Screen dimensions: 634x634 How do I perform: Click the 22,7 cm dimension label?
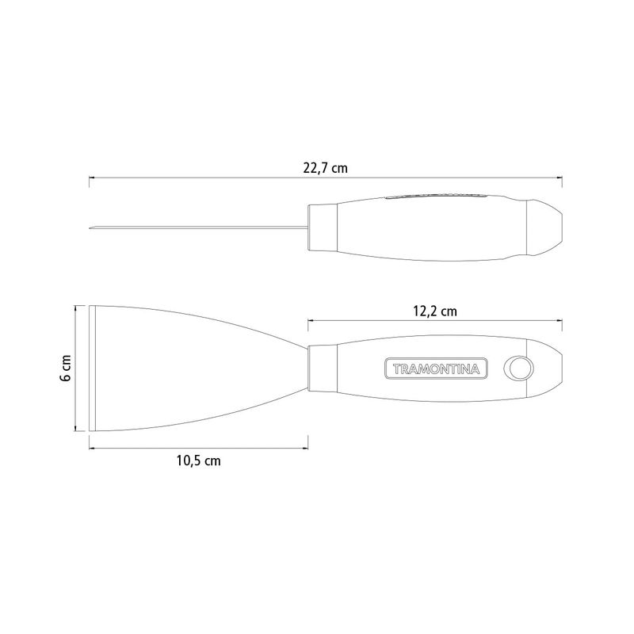point(325,168)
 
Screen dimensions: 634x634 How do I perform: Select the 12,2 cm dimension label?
point(435,311)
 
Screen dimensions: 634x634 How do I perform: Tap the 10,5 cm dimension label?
point(199,460)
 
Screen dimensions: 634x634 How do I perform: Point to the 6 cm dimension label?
point(66,369)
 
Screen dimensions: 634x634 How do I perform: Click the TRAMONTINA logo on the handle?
point(436,369)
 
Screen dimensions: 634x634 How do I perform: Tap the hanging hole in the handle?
point(519,369)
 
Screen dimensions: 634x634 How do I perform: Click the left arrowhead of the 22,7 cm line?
point(91,177)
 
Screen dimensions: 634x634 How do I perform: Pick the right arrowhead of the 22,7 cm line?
point(560,177)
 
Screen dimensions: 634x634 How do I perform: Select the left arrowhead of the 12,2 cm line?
point(311,320)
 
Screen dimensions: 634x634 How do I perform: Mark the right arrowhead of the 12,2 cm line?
point(560,320)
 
